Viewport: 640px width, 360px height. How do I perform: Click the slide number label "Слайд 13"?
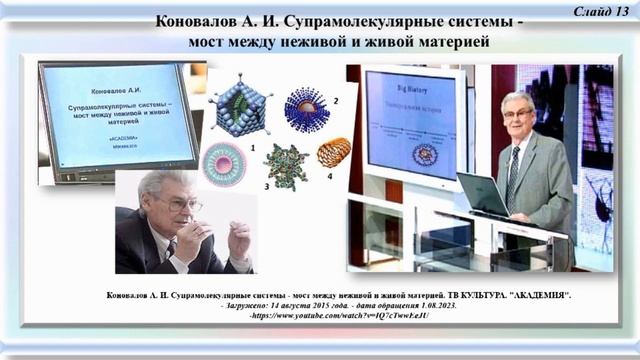point(604,10)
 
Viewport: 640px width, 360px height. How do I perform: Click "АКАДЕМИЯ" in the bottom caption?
point(520,297)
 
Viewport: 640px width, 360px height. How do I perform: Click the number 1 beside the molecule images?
point(253,147)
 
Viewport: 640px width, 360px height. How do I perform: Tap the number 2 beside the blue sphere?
point(336,102)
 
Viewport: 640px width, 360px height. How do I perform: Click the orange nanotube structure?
point(333,152)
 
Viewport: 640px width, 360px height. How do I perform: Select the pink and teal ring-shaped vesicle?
point(223,163)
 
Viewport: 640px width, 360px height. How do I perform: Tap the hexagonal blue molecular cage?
point(241,105)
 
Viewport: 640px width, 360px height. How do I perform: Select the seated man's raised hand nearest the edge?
point(239,241)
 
